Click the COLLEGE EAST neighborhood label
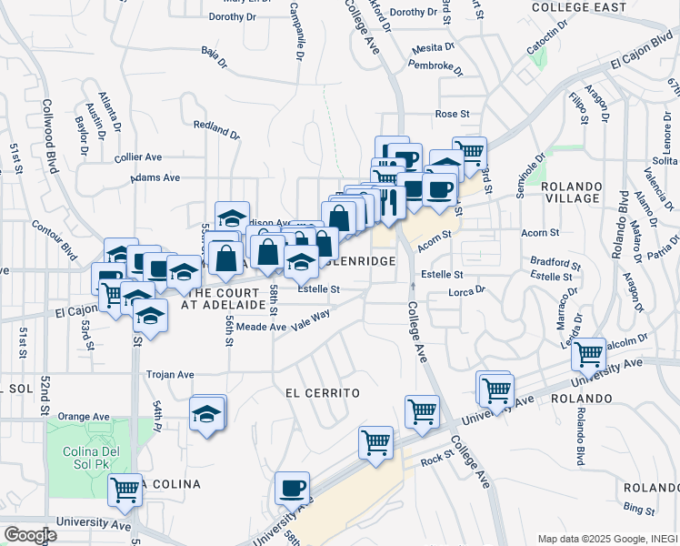(579, 7)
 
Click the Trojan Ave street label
(171, 374)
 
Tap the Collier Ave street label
(139, 157)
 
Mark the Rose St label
(451, 114)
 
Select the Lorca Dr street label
(468, 292)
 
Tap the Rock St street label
(438, 460)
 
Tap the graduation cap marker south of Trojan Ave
(207, 413)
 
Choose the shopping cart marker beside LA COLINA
(125, 489)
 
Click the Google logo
(29, 535)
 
